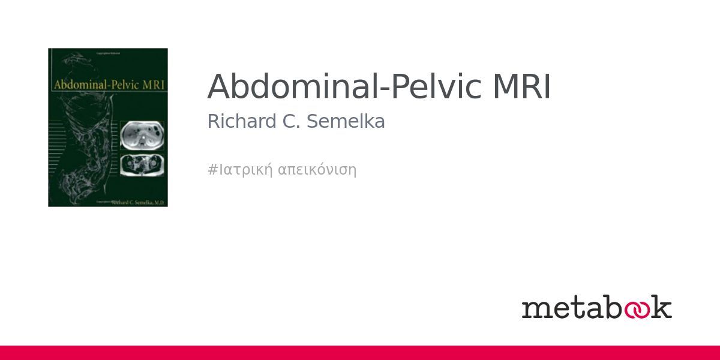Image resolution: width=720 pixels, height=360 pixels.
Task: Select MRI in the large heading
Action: point(521,87)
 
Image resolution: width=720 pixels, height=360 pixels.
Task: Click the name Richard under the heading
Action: point(236,121)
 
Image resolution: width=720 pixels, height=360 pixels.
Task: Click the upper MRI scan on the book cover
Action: point(141,136)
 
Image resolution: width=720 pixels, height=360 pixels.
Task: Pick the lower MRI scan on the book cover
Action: point(141,164)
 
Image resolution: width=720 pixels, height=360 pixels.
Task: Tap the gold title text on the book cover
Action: point(109,85)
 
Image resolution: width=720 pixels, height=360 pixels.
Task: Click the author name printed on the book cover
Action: point(138,203)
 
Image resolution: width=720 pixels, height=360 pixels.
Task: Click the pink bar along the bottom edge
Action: point(360,353)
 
